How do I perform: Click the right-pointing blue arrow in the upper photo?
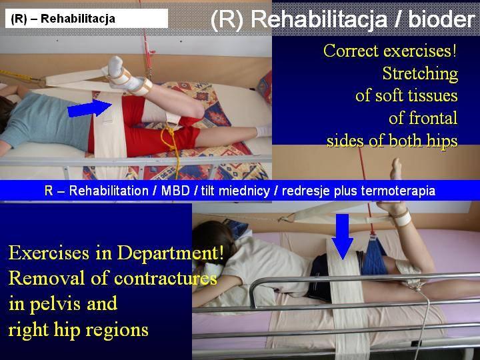pyautogui.click(x=89, y=108)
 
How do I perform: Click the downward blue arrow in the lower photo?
pyautogui.click(x=343, y=237)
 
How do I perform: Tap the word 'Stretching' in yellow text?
pyautogui.click(x=420, y=73)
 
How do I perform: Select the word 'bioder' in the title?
pyautogui.click(x=441, y=19)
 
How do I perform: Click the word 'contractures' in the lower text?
pyautogui.click(x=165, y=278)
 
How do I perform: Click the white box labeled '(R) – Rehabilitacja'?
pyautogui.click(x=87, y=19)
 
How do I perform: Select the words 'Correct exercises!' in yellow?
pyautogui.click(x=390, y=51)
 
